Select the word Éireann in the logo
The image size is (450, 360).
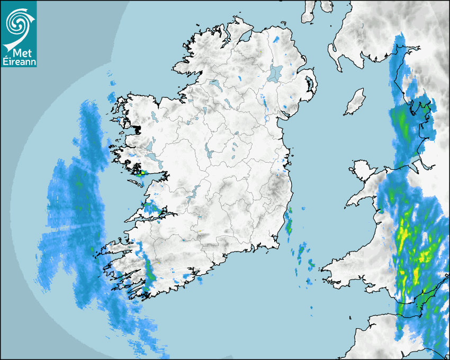pyautogui.click(x=19, y=62)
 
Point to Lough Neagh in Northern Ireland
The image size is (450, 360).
pyautogui.click(x=275, y=73)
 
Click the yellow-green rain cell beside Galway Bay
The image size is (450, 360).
pyautogui.click(x=141, y=173)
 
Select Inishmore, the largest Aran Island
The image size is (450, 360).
pyautogui.click(x=136, y=183)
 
